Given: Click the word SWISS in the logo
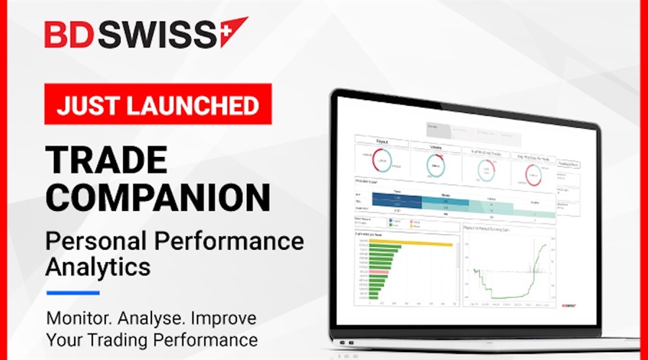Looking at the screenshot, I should [157, 34].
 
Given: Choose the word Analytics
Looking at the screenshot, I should [98, 266].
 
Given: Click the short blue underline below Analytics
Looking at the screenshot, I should [73, 292].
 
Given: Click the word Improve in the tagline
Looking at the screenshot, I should [222, 318].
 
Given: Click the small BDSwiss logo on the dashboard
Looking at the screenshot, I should [570, 305].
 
